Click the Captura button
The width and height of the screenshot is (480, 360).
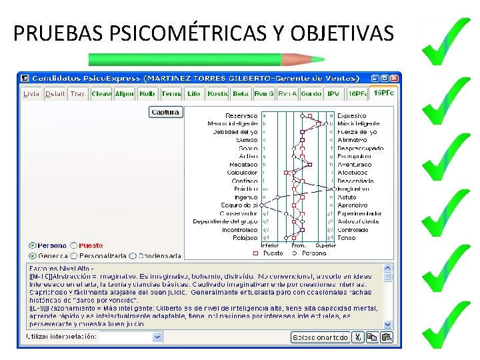click(166, 112)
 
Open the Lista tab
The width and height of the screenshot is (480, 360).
click(31, 94)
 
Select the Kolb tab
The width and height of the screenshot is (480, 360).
click(147, 94)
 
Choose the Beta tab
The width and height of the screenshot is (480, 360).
click(241, 94)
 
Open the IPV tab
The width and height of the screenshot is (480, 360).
click(333, 94)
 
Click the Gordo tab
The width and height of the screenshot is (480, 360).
click(311, 94)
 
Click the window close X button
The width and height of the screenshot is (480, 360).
click(395, 77)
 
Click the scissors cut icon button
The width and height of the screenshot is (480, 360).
click(358, 337)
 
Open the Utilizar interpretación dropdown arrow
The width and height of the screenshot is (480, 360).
click(157, 337)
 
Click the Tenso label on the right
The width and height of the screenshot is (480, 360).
click(346, 237)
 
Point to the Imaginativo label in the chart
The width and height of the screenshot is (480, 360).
click(352, 189)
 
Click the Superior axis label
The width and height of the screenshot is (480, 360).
click(326, 245)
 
